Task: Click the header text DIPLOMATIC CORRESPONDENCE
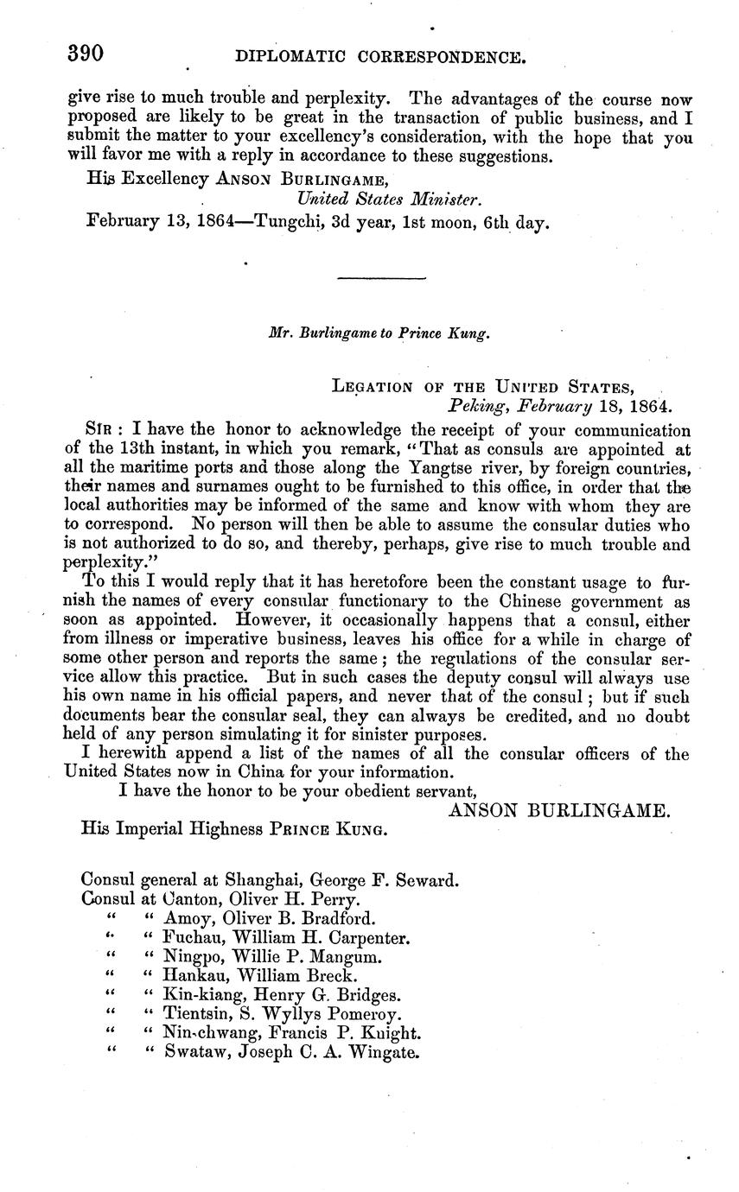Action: pyautogui.click(x=380, y=59)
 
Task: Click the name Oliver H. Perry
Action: pyautogui.click(x=282, y=899)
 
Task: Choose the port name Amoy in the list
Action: pyautogui.click(x=186, y=918)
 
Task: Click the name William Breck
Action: pyautogui.click(x=287, y=976)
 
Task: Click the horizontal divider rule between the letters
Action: pyautogui.click(x=382, y=278)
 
